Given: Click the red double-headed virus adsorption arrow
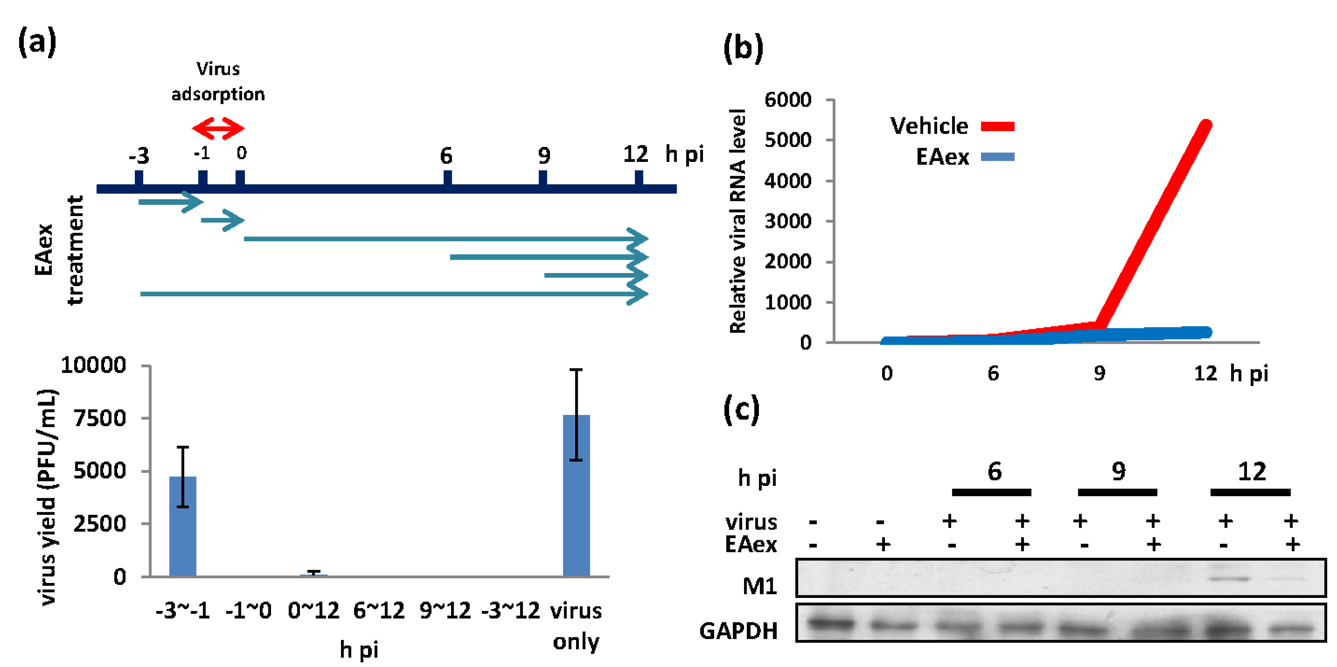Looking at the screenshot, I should coord(218,128).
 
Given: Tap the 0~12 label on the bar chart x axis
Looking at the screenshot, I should coord(314,610).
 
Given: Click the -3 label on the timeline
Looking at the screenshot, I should coord(139,156).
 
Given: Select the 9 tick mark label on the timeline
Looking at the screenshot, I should coord(544,155).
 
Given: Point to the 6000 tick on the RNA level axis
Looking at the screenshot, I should coord(787,99).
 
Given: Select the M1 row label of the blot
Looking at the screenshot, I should coord(759,586).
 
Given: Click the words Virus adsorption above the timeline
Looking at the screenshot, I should coord(218,82).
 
